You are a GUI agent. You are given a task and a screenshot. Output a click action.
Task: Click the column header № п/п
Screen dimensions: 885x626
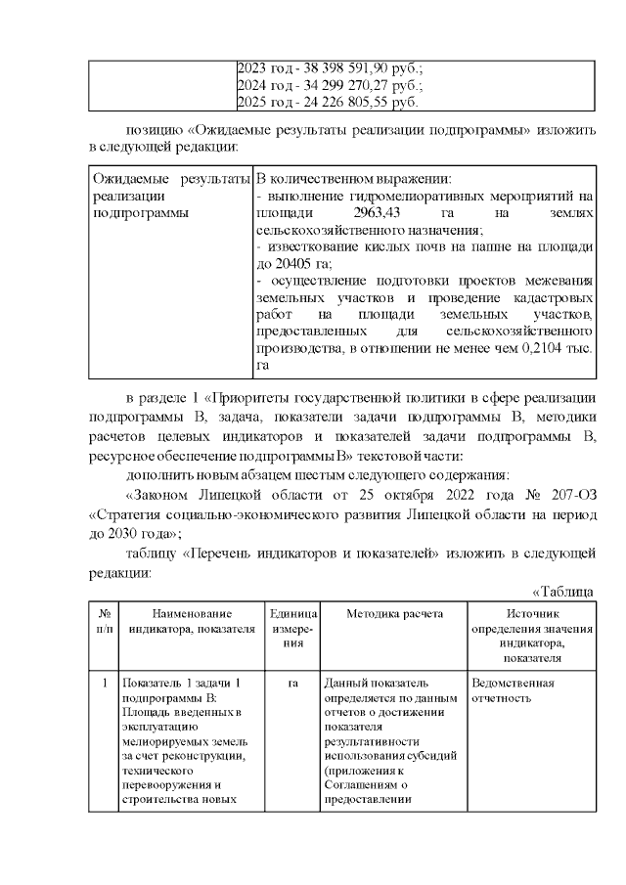pos(104,621)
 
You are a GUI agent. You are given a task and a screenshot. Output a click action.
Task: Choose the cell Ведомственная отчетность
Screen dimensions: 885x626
pos(513,690)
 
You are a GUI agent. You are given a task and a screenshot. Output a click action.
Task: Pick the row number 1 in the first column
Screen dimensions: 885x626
pos(104,684)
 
